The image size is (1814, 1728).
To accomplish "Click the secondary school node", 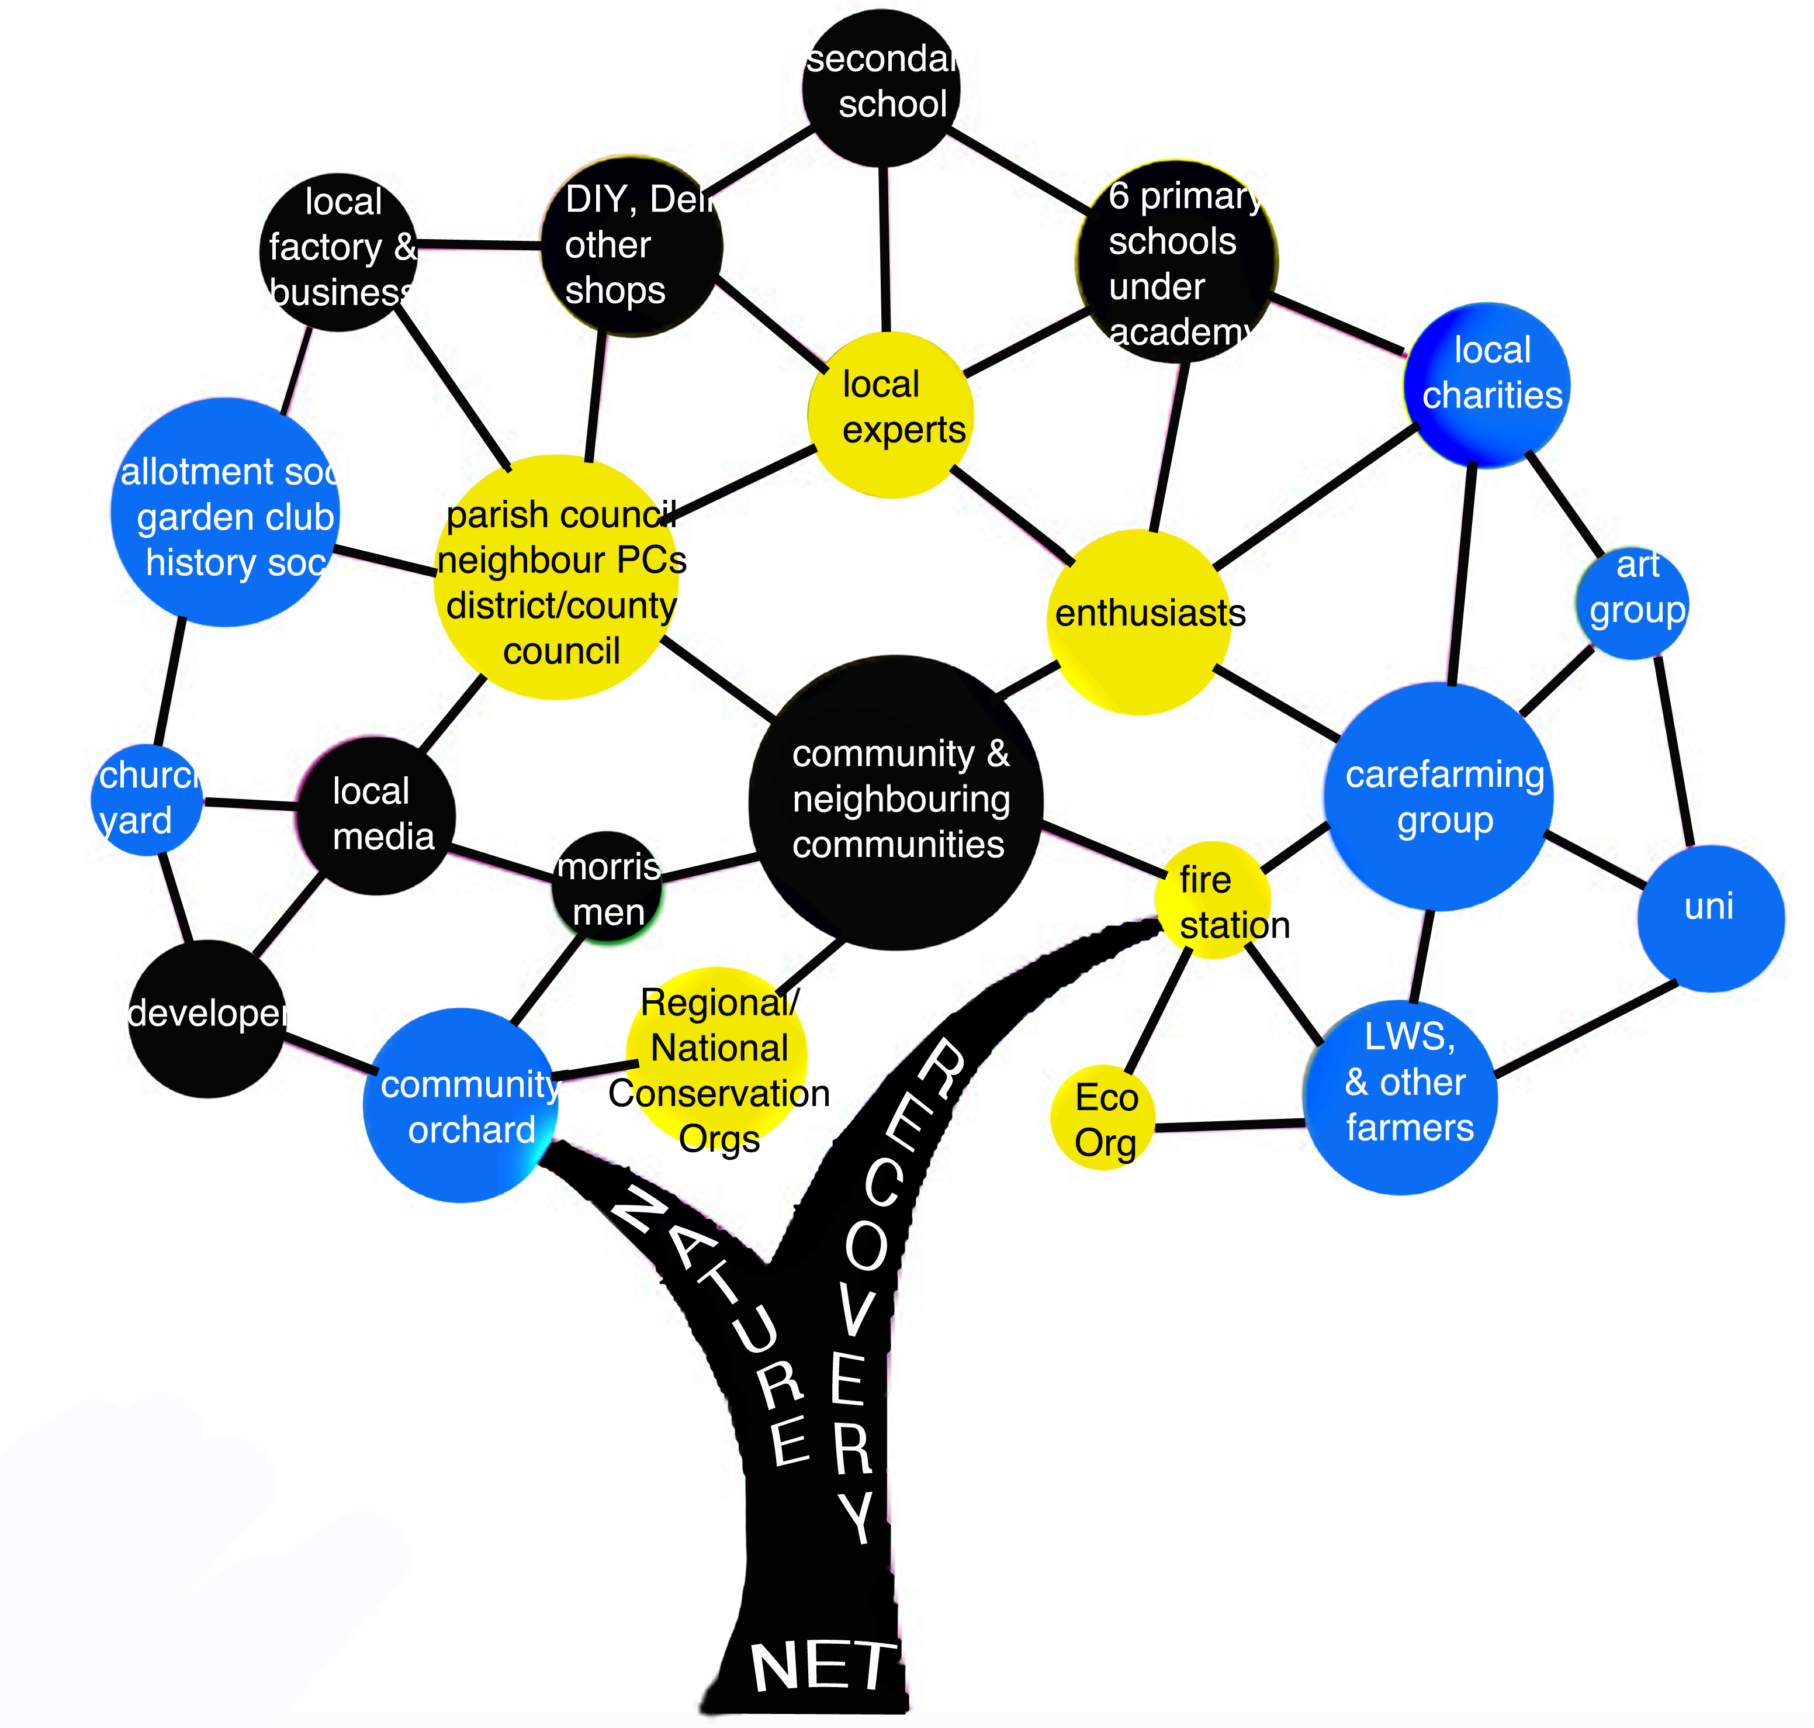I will tap(881, 88).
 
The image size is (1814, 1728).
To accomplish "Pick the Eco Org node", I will tap(1103, 1117).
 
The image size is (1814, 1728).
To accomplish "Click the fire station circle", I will tap(1213, 900).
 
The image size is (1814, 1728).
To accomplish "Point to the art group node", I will tap(1633, 603).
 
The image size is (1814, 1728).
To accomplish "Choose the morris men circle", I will tap(608, 887).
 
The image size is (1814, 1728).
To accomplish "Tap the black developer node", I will tap(207, 1018).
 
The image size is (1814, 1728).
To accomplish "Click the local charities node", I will tap(1486, 384).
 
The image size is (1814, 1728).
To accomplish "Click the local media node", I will tap(376, 815).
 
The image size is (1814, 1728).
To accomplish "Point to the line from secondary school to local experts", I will tap(884, 248).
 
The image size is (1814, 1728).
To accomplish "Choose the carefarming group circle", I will tap(1438, 797).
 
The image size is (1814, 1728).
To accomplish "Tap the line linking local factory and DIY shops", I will tap(479, 245).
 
